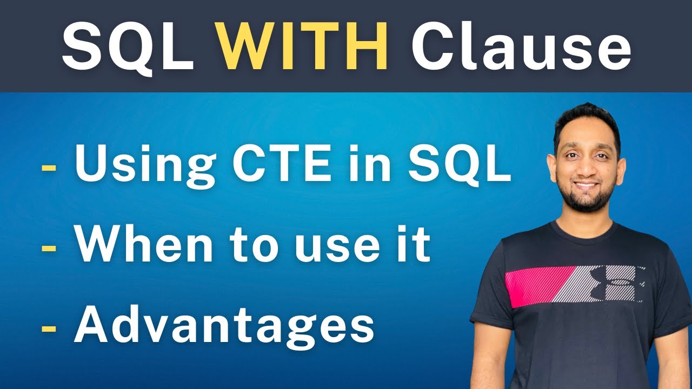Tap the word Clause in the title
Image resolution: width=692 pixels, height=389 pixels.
click(x=521, y=47)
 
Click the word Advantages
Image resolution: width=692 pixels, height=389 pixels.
click(x=224, y=326)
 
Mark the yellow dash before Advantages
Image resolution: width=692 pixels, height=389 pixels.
click(x=49, y=328)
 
